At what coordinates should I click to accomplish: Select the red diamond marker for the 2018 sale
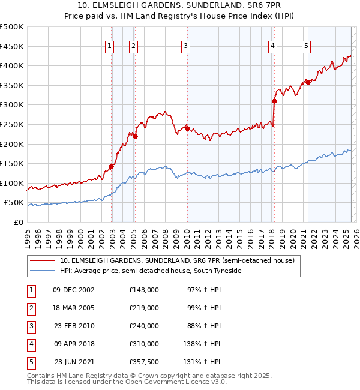[274, 101]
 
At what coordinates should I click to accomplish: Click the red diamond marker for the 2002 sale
[111, 167]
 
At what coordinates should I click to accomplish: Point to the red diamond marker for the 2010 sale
[187, 128]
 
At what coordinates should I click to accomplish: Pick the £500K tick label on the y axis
[12, 27]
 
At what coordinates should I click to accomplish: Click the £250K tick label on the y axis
[12, 124]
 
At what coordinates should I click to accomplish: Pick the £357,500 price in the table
[144, 362]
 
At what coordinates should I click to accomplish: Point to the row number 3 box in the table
[31, 326]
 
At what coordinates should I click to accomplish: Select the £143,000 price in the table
[144, 290]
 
